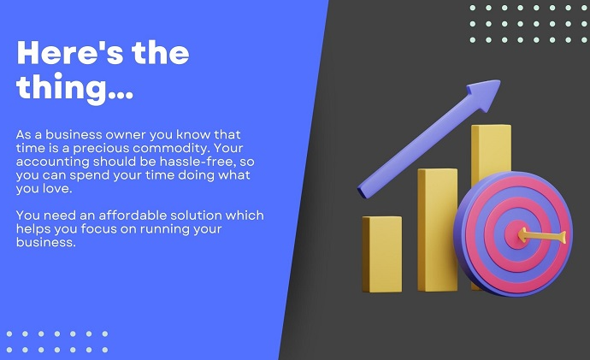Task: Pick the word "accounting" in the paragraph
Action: (53, 162)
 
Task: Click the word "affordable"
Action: (133, 215)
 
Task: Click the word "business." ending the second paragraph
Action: (46, 242)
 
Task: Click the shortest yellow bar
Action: (382, 254)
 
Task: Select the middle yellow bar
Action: (437, 229)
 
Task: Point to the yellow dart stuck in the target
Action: (542, 236)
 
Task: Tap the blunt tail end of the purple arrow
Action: (362, 192)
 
